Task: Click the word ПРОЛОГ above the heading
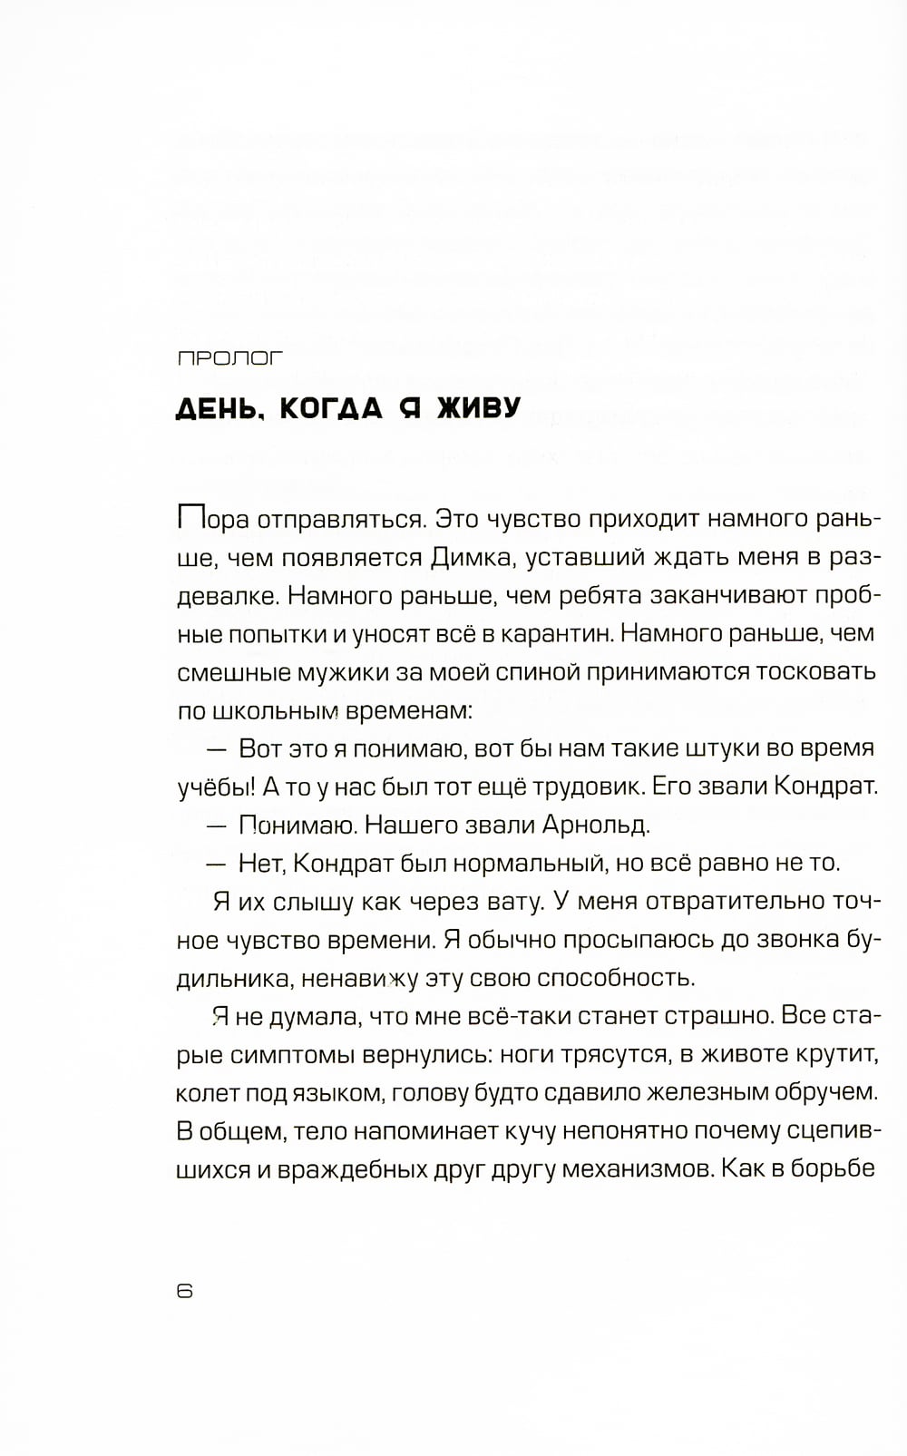(x=230, y=358)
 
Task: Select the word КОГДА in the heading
(x=331, y=408)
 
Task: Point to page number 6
(x=185, y=1292)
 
